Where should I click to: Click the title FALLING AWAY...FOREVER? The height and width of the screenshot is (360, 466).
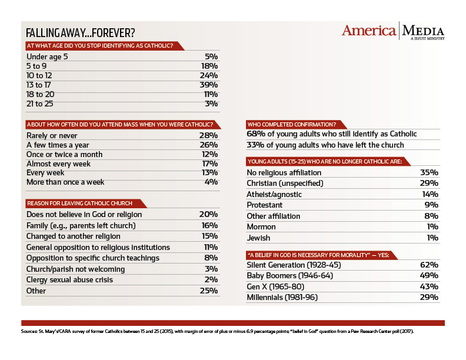tap(80, 33)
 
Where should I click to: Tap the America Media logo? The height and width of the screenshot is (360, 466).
tap(393, 31)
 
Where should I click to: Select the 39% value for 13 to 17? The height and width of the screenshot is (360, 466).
tap(209, 85)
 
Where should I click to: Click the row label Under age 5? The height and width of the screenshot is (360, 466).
tap(47, 56)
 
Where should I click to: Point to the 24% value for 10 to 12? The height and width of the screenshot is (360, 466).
tap(209, 75)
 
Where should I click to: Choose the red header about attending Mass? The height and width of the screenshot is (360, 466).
tap(123, 125)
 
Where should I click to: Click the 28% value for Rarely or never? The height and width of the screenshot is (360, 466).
tap(209, 135)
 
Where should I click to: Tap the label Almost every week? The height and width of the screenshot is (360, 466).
tap(58, 164)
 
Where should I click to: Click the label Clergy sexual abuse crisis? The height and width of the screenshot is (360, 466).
tap(69, 280)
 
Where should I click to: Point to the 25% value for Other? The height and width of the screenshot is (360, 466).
tap(209, 291)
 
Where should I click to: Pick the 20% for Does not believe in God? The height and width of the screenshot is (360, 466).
tap(209, 215)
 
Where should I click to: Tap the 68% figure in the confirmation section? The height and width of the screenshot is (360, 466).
tap(256, 134)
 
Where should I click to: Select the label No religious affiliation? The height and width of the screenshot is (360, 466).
tap(284, 172)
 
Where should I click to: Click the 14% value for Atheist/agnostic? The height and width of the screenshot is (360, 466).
tap(430, 194)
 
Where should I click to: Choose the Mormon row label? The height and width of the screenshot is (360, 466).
tap(261, 227)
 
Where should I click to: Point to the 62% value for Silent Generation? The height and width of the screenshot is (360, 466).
tap(429, 265)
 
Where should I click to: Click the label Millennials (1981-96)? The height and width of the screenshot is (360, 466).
tap(282, 297)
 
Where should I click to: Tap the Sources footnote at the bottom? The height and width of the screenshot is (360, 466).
tap(217, 331)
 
